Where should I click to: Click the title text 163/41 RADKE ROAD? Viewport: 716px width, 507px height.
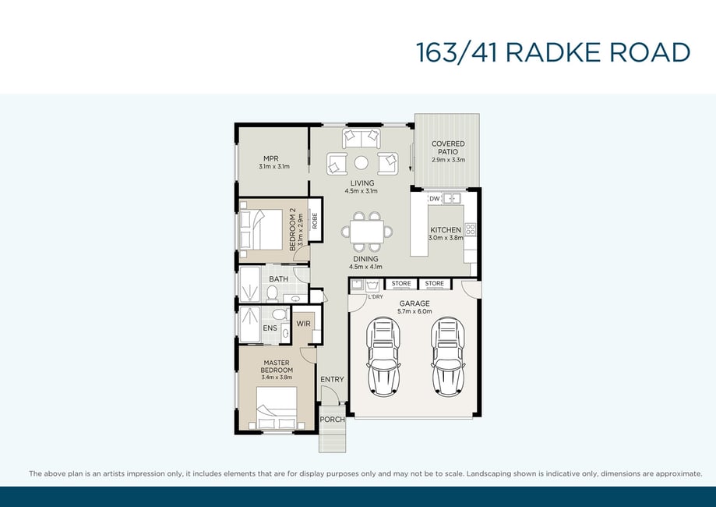pos(552,52)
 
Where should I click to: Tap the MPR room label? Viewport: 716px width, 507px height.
pos(271,158)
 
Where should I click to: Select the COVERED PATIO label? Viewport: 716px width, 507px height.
pos(448,147)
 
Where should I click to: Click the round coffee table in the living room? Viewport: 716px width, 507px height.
pos(362,163)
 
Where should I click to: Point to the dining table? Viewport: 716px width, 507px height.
pos(367,232)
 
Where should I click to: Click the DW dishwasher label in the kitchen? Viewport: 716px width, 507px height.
pos(434,199)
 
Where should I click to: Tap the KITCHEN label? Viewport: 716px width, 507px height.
pos(446,230)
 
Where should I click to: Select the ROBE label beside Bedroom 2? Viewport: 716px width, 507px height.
pos(315,222)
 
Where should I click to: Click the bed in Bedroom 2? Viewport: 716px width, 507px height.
pos(261,229)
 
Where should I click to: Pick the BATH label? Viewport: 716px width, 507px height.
pos(279,279)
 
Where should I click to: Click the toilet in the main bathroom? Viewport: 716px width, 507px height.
pos(273,293)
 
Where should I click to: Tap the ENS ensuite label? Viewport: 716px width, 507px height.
pos(270,328)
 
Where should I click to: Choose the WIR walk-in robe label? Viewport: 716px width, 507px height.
pos(304,324)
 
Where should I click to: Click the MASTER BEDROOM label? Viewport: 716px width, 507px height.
pos(277,366)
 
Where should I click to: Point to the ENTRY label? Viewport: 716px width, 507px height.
pos(332,379)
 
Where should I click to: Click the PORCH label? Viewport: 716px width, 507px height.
pos(332,419)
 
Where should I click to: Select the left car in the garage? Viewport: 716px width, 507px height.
pos(383,356)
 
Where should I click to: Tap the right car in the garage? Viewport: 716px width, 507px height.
pos(449,356)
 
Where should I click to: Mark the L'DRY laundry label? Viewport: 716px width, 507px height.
pos(376,297)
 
